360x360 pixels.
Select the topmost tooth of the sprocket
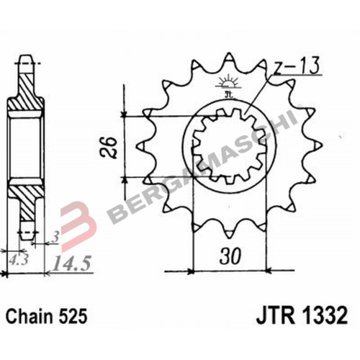coord(230,58)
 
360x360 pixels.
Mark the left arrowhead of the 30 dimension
coord(192,271)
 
